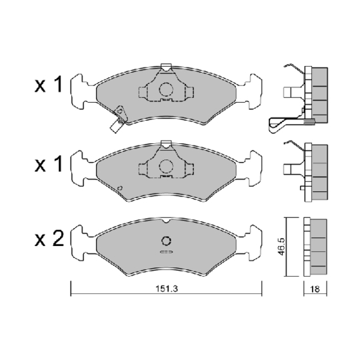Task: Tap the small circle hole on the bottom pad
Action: (x=167, y=241)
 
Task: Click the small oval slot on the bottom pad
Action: (x=166, y=253)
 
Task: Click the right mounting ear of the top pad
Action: (x=254, y=89)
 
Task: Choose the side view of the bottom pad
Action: (x=315, y=247)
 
